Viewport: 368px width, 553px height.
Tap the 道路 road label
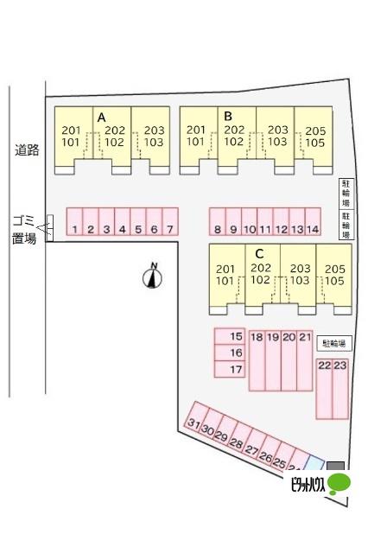(27, 150)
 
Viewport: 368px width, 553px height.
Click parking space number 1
(74, 221)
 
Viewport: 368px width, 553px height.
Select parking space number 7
(170, 221)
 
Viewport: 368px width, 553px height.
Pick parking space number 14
(313, 221)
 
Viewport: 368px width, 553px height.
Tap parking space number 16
(230, 353)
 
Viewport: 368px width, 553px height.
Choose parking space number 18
(257, 360)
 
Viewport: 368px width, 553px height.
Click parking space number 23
(340, 389)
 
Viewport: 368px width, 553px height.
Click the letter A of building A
(102, 118)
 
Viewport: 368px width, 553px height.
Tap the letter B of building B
(228, 116)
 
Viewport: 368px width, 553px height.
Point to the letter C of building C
(259, 253)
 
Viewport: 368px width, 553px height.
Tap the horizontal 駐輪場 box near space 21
(334, 343)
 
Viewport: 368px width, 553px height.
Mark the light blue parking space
(314, 463)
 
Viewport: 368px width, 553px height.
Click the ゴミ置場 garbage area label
(24, 230)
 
